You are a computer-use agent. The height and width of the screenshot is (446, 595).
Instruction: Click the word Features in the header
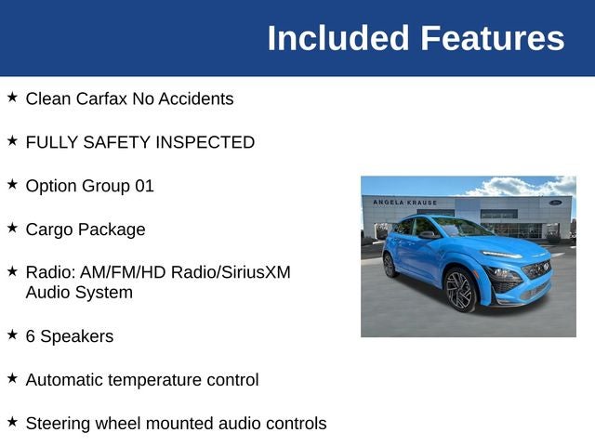pos(492,38)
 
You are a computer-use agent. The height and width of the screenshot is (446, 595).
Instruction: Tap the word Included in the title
pos(337,38)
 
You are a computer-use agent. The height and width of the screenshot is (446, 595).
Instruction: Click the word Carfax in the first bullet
pos(101,98)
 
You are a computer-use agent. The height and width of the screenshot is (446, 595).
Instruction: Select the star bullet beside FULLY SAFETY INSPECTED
pos(12,140)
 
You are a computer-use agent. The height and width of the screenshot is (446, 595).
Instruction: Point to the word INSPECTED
pos(205,142)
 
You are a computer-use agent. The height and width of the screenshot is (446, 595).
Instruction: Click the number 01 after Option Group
pos(145,186)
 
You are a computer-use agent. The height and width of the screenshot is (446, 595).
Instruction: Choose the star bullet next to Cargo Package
pos(12,228)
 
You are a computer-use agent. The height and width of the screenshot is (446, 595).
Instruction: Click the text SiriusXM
pos(256,272)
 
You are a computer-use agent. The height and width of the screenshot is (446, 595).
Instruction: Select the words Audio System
pos(79,293)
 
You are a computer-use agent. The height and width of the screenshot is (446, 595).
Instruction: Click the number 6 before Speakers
pos(31,336)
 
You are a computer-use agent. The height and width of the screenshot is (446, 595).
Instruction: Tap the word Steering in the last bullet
pos(58,424)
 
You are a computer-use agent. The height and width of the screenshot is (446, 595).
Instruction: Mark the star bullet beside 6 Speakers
pos(12,334)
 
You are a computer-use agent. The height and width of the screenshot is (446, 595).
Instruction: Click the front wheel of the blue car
pos(460,290)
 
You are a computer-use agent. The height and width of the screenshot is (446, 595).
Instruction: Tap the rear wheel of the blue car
pos(390,265)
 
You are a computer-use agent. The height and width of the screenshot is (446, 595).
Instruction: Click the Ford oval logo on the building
pos(555,203)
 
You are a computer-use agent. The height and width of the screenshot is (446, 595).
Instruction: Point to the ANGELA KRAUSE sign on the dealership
pos(405,203)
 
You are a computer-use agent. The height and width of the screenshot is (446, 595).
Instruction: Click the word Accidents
pos(196,98)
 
